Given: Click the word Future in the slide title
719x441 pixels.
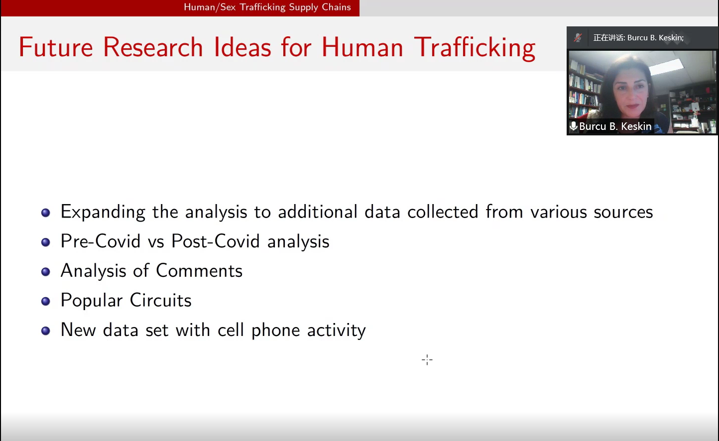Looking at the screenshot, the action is point(56,47).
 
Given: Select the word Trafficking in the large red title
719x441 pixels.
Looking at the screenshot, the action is point(475,48).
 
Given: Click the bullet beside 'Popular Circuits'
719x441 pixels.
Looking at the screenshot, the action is point(46,301).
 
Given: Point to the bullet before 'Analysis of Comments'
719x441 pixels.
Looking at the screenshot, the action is point(46,272).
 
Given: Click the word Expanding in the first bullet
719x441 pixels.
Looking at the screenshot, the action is point(103,212).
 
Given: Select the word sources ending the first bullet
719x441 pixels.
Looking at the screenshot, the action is point(623,212).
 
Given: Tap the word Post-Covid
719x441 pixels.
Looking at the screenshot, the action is point(215,241).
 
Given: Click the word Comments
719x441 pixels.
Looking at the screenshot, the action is point(199,271).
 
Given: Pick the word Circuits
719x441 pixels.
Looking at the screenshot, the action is point(160,300).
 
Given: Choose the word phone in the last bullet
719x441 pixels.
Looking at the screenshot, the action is point(275,330).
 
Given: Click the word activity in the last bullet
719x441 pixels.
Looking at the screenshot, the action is point(336,330).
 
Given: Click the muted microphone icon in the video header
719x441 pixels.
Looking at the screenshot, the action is point(578,37).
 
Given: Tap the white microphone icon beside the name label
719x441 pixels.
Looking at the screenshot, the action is point(573,126).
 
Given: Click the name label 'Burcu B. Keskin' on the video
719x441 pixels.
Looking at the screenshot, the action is point(615,126).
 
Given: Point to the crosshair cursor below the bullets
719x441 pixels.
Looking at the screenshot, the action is point(427,360).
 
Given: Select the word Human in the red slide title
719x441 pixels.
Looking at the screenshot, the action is point(362,47).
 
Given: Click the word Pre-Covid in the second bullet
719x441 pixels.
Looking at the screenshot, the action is point(101,241).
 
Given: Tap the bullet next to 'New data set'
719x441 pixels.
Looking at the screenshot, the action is point(46,331).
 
